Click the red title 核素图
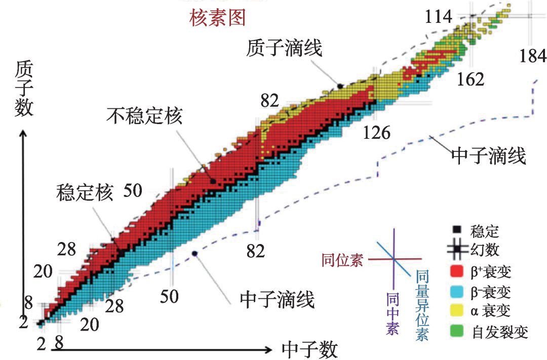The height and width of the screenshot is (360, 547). pyautogui.click(x=217, y=18)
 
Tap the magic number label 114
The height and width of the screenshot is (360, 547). pyautogui.click(x=438, y=17)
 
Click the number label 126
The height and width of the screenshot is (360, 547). pyautogui.click(x=377, y=133)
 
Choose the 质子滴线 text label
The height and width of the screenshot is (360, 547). pyautogui.click(x=285, y=49)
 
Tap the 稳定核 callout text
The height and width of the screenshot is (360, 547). pyautogui.click(x=84, y=193)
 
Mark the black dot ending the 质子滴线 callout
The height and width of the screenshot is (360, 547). pyautogui.click(x=340, y=87)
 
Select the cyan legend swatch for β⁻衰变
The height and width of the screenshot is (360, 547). pyautogui.click(x=457, y=292)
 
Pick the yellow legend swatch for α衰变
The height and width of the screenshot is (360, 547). pyautogui.click(x=457, y=312)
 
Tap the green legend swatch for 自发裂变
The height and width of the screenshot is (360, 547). pyautogui.click(x=457, y=332)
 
